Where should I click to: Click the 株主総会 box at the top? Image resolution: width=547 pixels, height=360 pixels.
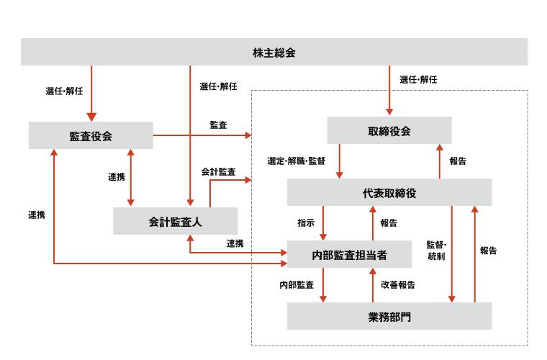273,52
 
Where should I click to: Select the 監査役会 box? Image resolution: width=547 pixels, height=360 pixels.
91,135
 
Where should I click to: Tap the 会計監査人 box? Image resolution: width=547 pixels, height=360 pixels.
175,221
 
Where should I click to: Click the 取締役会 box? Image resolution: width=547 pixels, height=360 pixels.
389,130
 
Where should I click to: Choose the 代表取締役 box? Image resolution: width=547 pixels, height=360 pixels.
389,193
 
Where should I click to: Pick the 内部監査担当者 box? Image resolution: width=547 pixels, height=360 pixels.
350,254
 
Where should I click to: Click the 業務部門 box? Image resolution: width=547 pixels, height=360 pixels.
389,316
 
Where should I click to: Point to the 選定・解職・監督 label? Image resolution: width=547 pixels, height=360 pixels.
296,161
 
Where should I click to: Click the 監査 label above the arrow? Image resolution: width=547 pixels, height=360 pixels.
218,125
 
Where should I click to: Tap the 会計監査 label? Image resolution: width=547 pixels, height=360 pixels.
218,172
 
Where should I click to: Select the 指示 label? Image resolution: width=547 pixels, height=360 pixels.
306,223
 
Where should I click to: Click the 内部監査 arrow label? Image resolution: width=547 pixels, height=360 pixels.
297,285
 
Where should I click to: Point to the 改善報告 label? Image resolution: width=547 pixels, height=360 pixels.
398,285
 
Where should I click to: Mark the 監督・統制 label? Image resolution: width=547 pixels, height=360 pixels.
436,251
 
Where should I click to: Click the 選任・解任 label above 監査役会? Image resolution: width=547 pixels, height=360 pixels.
64,91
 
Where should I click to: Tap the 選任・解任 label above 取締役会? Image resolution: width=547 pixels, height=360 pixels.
418,79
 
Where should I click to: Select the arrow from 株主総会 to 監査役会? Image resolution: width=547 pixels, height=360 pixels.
91,94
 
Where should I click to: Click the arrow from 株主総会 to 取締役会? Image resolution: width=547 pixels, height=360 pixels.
389,90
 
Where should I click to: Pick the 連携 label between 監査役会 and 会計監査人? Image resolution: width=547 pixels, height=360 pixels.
117,177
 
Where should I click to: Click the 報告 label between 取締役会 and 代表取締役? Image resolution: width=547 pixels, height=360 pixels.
458,161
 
